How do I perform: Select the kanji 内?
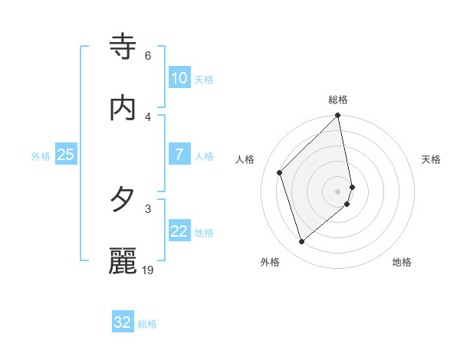(x=123, y=108)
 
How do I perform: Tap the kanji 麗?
(x=123, y=261)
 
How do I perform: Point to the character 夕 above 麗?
(x=123, y=200)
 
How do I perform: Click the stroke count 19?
(x=149, y=270)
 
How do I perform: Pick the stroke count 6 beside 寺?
(x=148, y=56)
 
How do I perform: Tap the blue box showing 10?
(x=179, y=78)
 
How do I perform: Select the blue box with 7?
(x=179, y=155)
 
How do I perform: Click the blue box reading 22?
(x=179, y=232)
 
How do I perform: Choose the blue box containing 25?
(x=66, y=155)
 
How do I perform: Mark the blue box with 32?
(x=123, y=322)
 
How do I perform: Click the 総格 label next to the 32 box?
(x=147, y=324)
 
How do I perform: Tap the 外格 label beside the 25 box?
(x=41, y=156)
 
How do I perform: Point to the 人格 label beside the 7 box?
(x=204, y=156)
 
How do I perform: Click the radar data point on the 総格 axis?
(x=338, y=116)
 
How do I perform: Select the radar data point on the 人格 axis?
(x=280, y=172)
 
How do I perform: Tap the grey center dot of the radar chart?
(x=338, y=191)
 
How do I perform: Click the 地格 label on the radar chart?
(x=402, y=262)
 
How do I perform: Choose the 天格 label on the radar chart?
(x=432, y=159)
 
